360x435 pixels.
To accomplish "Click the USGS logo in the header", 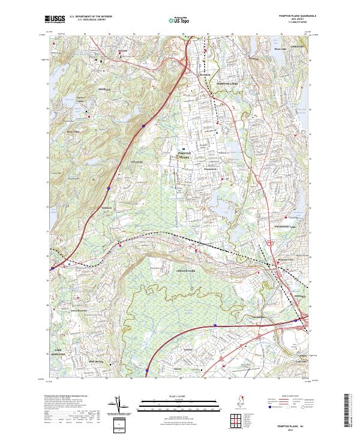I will tap(55, 19).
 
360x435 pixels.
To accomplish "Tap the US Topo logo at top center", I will tap(179, 19).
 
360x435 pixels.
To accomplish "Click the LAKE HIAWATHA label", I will tap(58, 350).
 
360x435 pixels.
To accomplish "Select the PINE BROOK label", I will tap(96, 362).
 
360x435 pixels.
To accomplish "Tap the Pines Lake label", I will tap(280, 49).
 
